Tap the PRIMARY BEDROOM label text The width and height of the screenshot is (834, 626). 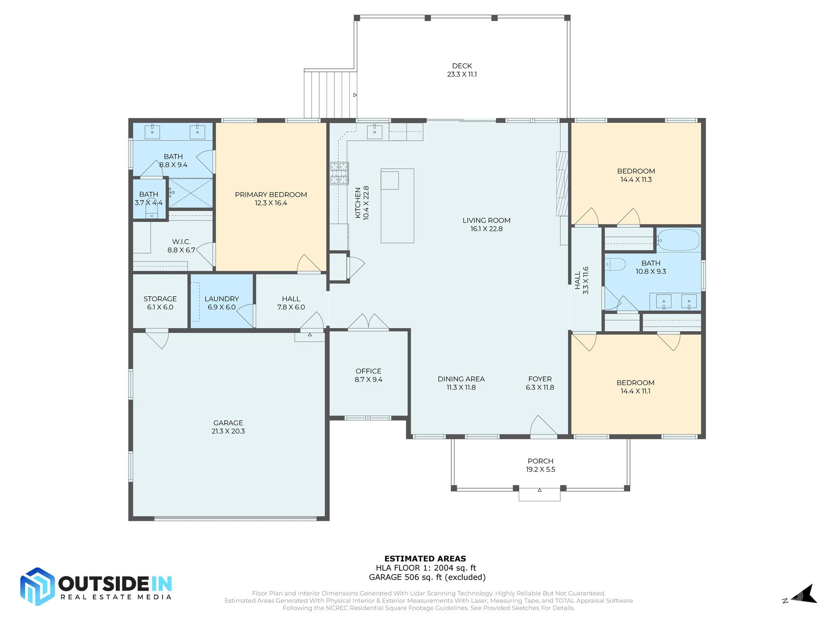point(271,195)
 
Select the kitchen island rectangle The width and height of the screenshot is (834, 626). point(397,206)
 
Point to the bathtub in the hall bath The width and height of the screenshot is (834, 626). point(678,240)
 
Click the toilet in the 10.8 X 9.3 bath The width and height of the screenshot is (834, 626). point(615,265)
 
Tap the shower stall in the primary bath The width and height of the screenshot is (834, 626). point(191,193)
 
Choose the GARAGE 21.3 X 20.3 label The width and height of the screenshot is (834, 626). point(228,427)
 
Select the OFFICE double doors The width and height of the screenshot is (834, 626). point(368,322)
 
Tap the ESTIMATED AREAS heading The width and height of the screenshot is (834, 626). point(425,559)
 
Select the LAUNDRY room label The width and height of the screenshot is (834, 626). point(222,299)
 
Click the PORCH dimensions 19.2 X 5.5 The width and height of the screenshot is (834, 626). point(540,469)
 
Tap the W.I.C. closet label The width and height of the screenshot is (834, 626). point(181,242)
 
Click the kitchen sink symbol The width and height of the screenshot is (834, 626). point(375,131)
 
